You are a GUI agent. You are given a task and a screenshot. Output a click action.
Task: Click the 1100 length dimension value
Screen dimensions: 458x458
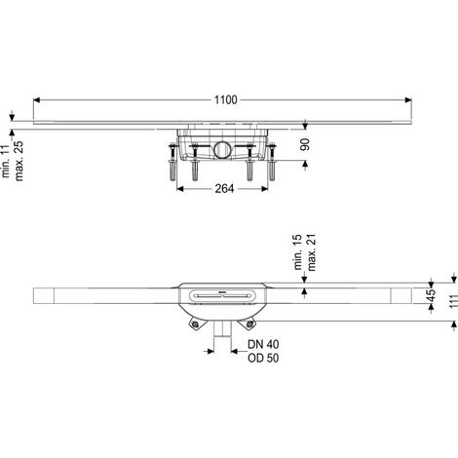(225, 100)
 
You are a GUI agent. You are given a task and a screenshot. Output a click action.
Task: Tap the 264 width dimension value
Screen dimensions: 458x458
(224, 189)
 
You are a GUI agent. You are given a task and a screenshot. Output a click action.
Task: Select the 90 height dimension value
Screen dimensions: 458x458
(305, 144)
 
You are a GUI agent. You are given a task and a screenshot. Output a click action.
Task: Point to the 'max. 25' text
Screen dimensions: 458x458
(19, 161)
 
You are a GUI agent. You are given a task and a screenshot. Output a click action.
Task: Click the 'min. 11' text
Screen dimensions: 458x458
(6, 162)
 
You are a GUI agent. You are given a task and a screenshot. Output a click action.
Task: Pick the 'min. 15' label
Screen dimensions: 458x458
(297, 252)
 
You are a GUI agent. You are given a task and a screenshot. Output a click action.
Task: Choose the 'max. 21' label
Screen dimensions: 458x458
(311, 252)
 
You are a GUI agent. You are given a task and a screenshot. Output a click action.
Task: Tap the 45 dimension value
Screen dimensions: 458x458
(431, 295)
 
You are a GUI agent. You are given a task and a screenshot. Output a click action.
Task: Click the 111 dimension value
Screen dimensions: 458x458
(454, 301)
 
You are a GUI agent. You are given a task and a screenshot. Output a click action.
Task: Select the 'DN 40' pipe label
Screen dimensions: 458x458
(263, 344)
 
